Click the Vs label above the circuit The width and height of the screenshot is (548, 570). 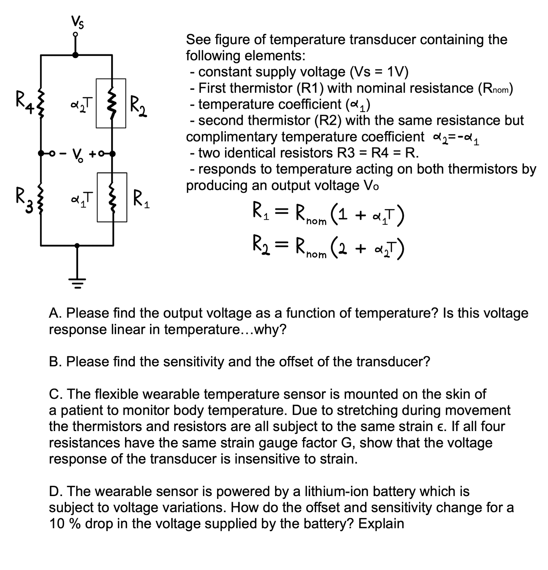(x=77, y=23)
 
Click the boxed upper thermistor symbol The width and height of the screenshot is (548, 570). (x=111, y=103)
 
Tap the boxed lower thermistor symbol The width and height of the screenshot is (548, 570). (x=112, y=197)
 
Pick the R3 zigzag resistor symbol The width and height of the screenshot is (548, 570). (x=41, y=199)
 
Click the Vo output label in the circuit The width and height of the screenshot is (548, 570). (x=77, y=154)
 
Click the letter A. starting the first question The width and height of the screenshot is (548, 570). (x=55, y=313)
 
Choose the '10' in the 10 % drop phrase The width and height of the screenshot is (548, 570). (x=57, y=524)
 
